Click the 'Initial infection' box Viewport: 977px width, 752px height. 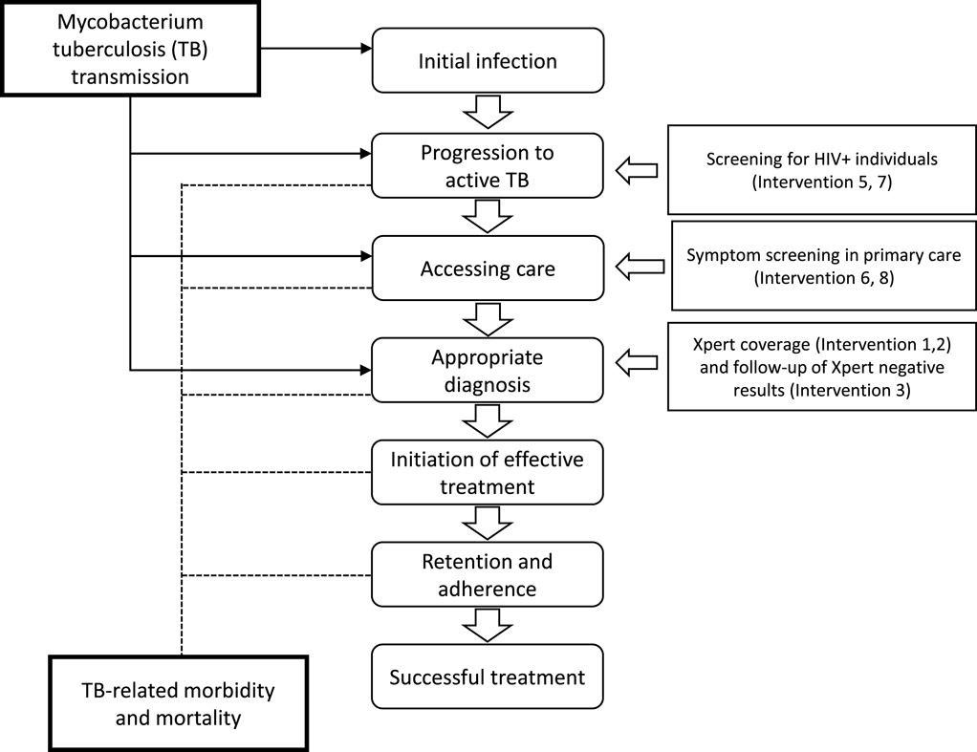488,61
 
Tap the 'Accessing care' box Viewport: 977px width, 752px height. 488,269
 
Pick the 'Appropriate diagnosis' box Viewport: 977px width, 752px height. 488,371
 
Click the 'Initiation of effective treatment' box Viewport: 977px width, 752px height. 488,472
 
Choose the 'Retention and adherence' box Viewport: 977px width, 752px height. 488,573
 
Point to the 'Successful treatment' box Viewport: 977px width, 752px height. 488,677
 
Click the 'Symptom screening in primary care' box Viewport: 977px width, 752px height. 824,267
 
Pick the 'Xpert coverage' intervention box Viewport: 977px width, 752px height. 822,366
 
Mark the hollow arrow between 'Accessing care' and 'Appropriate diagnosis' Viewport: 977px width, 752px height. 488,320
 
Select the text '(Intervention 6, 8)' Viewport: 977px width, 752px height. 823,278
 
